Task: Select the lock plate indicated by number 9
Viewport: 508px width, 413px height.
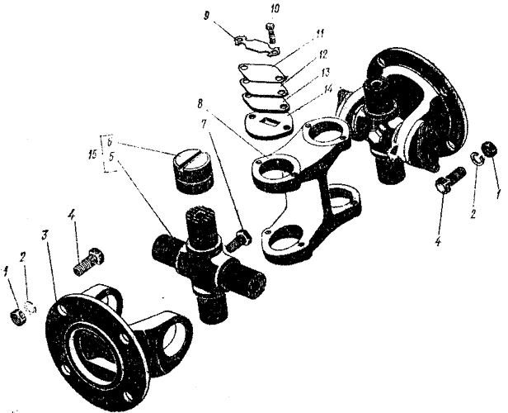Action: (x=248, y=42)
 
